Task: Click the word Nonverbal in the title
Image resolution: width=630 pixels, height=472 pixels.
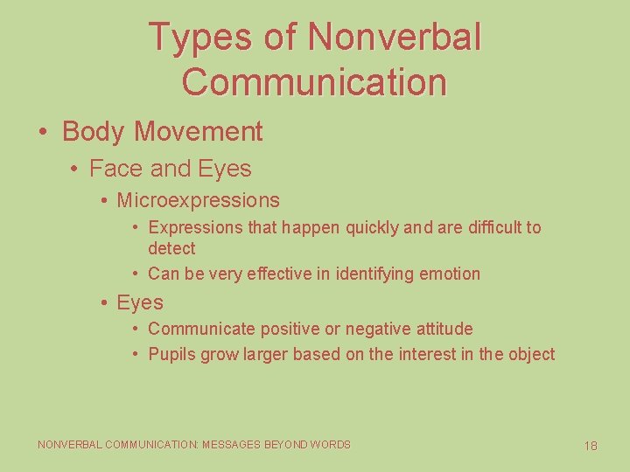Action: (395, 38)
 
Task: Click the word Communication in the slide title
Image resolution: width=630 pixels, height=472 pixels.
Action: (314, 81)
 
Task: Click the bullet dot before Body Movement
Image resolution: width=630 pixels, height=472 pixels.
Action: (43, 132)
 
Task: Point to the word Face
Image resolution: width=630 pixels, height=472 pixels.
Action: (111, 169)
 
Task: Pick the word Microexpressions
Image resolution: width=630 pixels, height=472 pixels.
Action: (198, 200)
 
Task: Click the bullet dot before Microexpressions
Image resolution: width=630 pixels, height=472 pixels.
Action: (103, 200)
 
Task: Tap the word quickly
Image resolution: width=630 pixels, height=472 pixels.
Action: (373, 227)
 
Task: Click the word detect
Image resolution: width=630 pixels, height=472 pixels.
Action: (171, 248)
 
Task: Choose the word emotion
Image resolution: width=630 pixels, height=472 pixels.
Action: (451, 274)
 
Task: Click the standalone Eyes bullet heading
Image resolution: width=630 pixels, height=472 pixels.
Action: (140, 302)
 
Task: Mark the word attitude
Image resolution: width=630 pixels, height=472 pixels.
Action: (437, 329)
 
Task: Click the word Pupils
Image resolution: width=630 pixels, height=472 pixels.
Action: (171, 354)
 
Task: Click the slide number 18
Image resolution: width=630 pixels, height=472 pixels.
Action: (591, 446)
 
